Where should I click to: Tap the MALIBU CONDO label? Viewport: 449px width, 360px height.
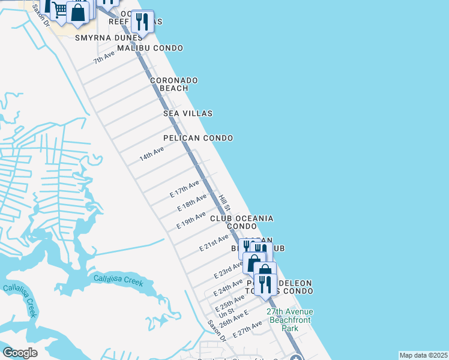click(150, 48)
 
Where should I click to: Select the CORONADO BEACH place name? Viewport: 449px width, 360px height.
click(173, 84)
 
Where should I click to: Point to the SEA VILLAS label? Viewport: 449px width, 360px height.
click(188, 113)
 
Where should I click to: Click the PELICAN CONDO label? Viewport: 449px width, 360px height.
click(198, 138)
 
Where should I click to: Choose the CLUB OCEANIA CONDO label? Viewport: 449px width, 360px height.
click(242, 222)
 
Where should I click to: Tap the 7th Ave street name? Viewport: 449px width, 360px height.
click(104, 58)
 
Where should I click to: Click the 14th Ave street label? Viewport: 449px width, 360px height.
click(152, 154)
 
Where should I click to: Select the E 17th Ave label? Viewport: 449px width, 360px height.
click(184, 189)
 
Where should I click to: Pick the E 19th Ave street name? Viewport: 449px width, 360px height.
click(191, 220)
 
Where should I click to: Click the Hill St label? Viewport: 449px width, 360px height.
click(224, 202)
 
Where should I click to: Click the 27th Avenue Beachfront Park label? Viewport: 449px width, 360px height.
click(290, 320)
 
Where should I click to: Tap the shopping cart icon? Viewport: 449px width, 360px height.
click(59, 10)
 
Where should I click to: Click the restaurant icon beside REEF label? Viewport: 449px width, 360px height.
click(142, 22)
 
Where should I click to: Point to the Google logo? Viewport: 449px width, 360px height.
click(20, 352)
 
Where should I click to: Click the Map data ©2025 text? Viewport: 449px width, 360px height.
click(423, 355)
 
